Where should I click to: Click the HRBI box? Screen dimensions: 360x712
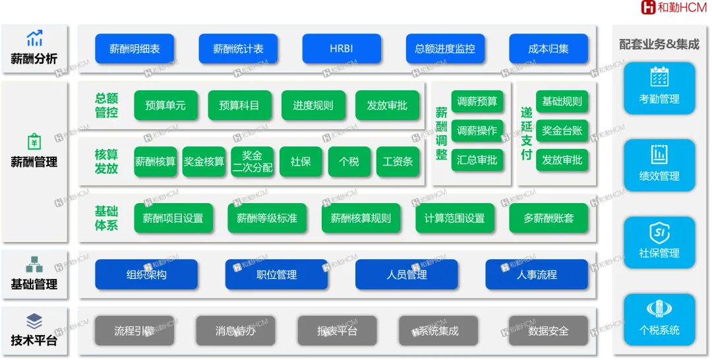coord(341,49)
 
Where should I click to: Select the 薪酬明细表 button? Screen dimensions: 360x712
coord(134,49)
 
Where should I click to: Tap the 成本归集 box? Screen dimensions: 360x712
coord(549,49)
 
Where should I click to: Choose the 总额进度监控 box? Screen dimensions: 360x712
coord(445,49)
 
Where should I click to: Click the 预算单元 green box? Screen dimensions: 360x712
coord(166,105)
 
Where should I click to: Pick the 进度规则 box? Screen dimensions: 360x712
coord(313,105)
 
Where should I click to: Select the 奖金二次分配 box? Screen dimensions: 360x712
coord(252,162)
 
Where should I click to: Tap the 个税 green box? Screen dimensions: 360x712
coord(349,162)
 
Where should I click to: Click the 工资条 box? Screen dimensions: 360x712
coord(398,162)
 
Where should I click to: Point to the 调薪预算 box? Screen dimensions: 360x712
coord(477,102)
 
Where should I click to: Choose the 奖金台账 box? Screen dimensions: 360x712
coord(562,131)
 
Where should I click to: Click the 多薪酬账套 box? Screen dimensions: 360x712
coord(549,218)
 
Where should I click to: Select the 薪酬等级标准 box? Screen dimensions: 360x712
coord(267,218)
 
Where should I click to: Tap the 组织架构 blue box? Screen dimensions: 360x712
coord(146,275)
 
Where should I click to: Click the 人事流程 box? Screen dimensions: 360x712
coord(537,275)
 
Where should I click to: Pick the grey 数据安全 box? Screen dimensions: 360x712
coord(549,331)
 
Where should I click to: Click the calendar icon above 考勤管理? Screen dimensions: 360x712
coord(659,77)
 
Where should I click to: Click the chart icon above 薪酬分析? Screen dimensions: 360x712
coord(34,38)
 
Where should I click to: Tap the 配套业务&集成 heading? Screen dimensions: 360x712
coord(659,45)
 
